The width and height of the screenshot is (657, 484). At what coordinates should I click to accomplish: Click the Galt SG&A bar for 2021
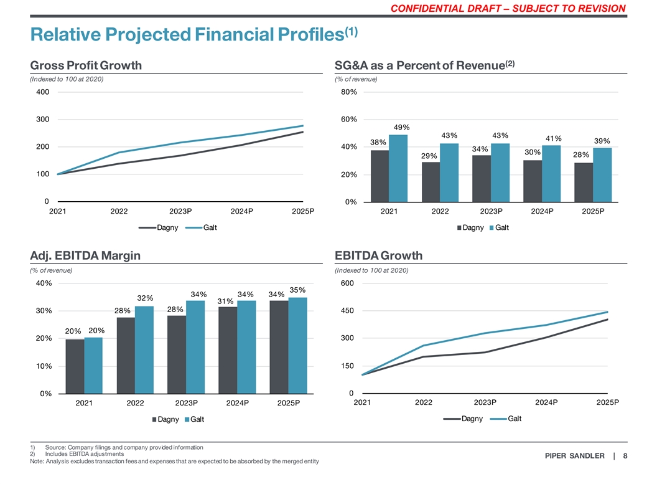[398, 168]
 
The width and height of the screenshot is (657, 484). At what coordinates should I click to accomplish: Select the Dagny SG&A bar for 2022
[431, 182]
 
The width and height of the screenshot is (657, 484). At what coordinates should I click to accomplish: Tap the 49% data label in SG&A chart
[401, 128]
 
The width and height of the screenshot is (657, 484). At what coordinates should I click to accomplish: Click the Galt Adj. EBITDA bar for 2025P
[298, 345]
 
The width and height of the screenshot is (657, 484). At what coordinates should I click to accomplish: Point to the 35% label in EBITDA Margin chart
[297, 290]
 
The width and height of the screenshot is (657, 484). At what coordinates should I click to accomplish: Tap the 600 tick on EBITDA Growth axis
[347, 283]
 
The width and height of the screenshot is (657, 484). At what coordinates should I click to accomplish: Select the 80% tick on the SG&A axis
[348, 92]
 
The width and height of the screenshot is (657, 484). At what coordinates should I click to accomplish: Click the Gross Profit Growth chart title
[86, 65]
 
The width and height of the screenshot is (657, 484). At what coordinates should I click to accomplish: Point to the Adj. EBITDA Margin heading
[85, 255]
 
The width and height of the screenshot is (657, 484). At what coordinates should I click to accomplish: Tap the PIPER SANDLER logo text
[574, 457]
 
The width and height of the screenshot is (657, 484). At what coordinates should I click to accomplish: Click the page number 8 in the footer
[625, 457]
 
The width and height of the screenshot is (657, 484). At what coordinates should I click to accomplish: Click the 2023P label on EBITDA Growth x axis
[485, 402]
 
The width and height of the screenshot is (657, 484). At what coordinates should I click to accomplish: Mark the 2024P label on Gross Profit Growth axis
[241, 211]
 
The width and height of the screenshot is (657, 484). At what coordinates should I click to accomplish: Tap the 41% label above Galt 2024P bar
[554, 138]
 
